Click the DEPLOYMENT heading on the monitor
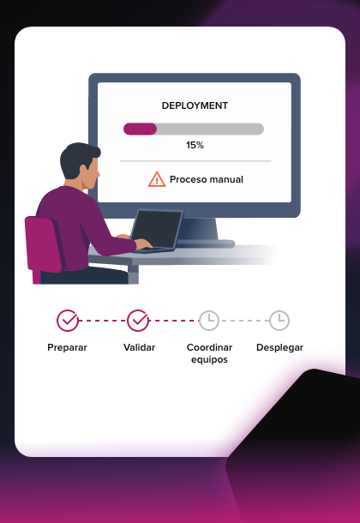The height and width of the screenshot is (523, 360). (195, 105)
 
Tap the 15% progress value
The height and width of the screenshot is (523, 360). (195, 145)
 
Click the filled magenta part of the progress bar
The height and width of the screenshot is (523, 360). (140, 129)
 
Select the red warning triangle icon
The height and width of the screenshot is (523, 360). (157, 179)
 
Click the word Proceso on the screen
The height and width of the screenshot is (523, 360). (188, 179)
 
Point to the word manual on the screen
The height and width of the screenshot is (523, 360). (226, 179)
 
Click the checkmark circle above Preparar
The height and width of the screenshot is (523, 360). (68, 321)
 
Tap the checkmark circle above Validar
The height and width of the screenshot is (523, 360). (138, 321)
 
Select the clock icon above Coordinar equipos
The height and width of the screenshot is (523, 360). (209, 321)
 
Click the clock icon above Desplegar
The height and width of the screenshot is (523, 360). (279, 321)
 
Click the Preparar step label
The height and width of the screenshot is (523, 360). (68, 347)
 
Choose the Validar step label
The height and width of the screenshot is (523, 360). (140, 347)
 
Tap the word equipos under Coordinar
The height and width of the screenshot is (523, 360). (209, 360)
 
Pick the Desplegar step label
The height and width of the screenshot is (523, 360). (279, 347)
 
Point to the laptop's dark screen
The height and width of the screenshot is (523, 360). (157, 229)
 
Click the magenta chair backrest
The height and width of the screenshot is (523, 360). (44, 243)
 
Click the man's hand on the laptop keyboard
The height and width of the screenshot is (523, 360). (144, 243)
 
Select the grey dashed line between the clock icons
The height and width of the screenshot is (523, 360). (244, 321)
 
